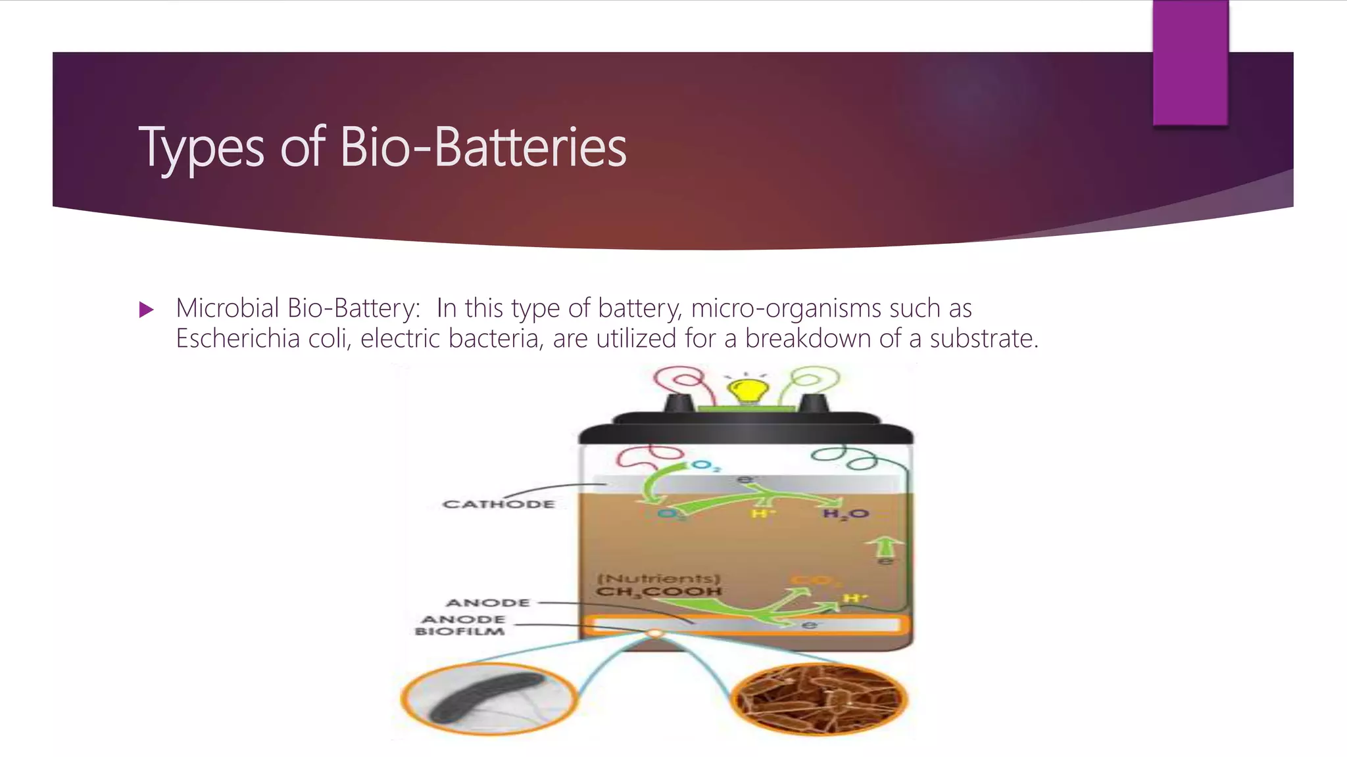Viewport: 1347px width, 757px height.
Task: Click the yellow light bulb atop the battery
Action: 745,392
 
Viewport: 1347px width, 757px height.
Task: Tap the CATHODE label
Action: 499,505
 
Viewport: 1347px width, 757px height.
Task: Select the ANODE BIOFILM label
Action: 460,626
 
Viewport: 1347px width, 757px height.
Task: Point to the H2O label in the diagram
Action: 846,514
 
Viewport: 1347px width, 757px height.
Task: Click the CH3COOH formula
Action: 658,592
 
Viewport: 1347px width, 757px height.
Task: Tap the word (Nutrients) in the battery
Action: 658,578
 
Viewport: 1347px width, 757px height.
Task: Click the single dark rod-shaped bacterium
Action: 487,697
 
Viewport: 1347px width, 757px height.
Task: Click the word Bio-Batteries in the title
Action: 483,147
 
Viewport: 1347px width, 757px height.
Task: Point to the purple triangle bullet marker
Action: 146,310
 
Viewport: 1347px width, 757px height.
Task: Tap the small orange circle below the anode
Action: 654,633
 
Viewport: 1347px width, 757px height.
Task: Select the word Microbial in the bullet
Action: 228,308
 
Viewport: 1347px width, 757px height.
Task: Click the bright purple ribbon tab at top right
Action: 1190,62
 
